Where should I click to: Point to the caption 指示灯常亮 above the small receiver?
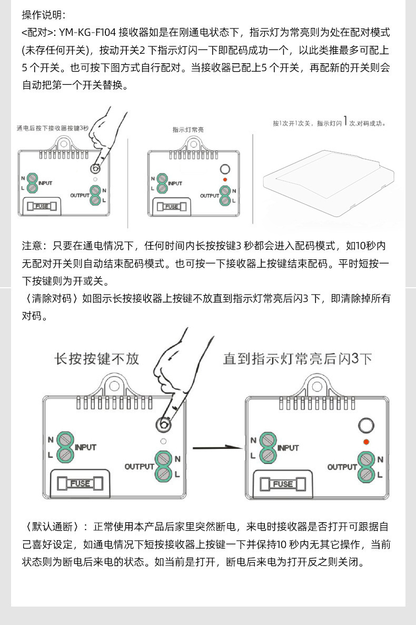188,129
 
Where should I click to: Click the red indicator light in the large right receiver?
366,441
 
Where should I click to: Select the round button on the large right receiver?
365,425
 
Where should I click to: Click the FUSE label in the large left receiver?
81,483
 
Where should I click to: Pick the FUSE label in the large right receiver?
283,484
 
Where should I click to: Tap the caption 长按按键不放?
97,359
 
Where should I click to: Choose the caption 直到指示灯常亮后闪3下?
298,359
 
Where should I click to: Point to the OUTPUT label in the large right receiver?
342,467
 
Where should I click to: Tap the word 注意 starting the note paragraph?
32,246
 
